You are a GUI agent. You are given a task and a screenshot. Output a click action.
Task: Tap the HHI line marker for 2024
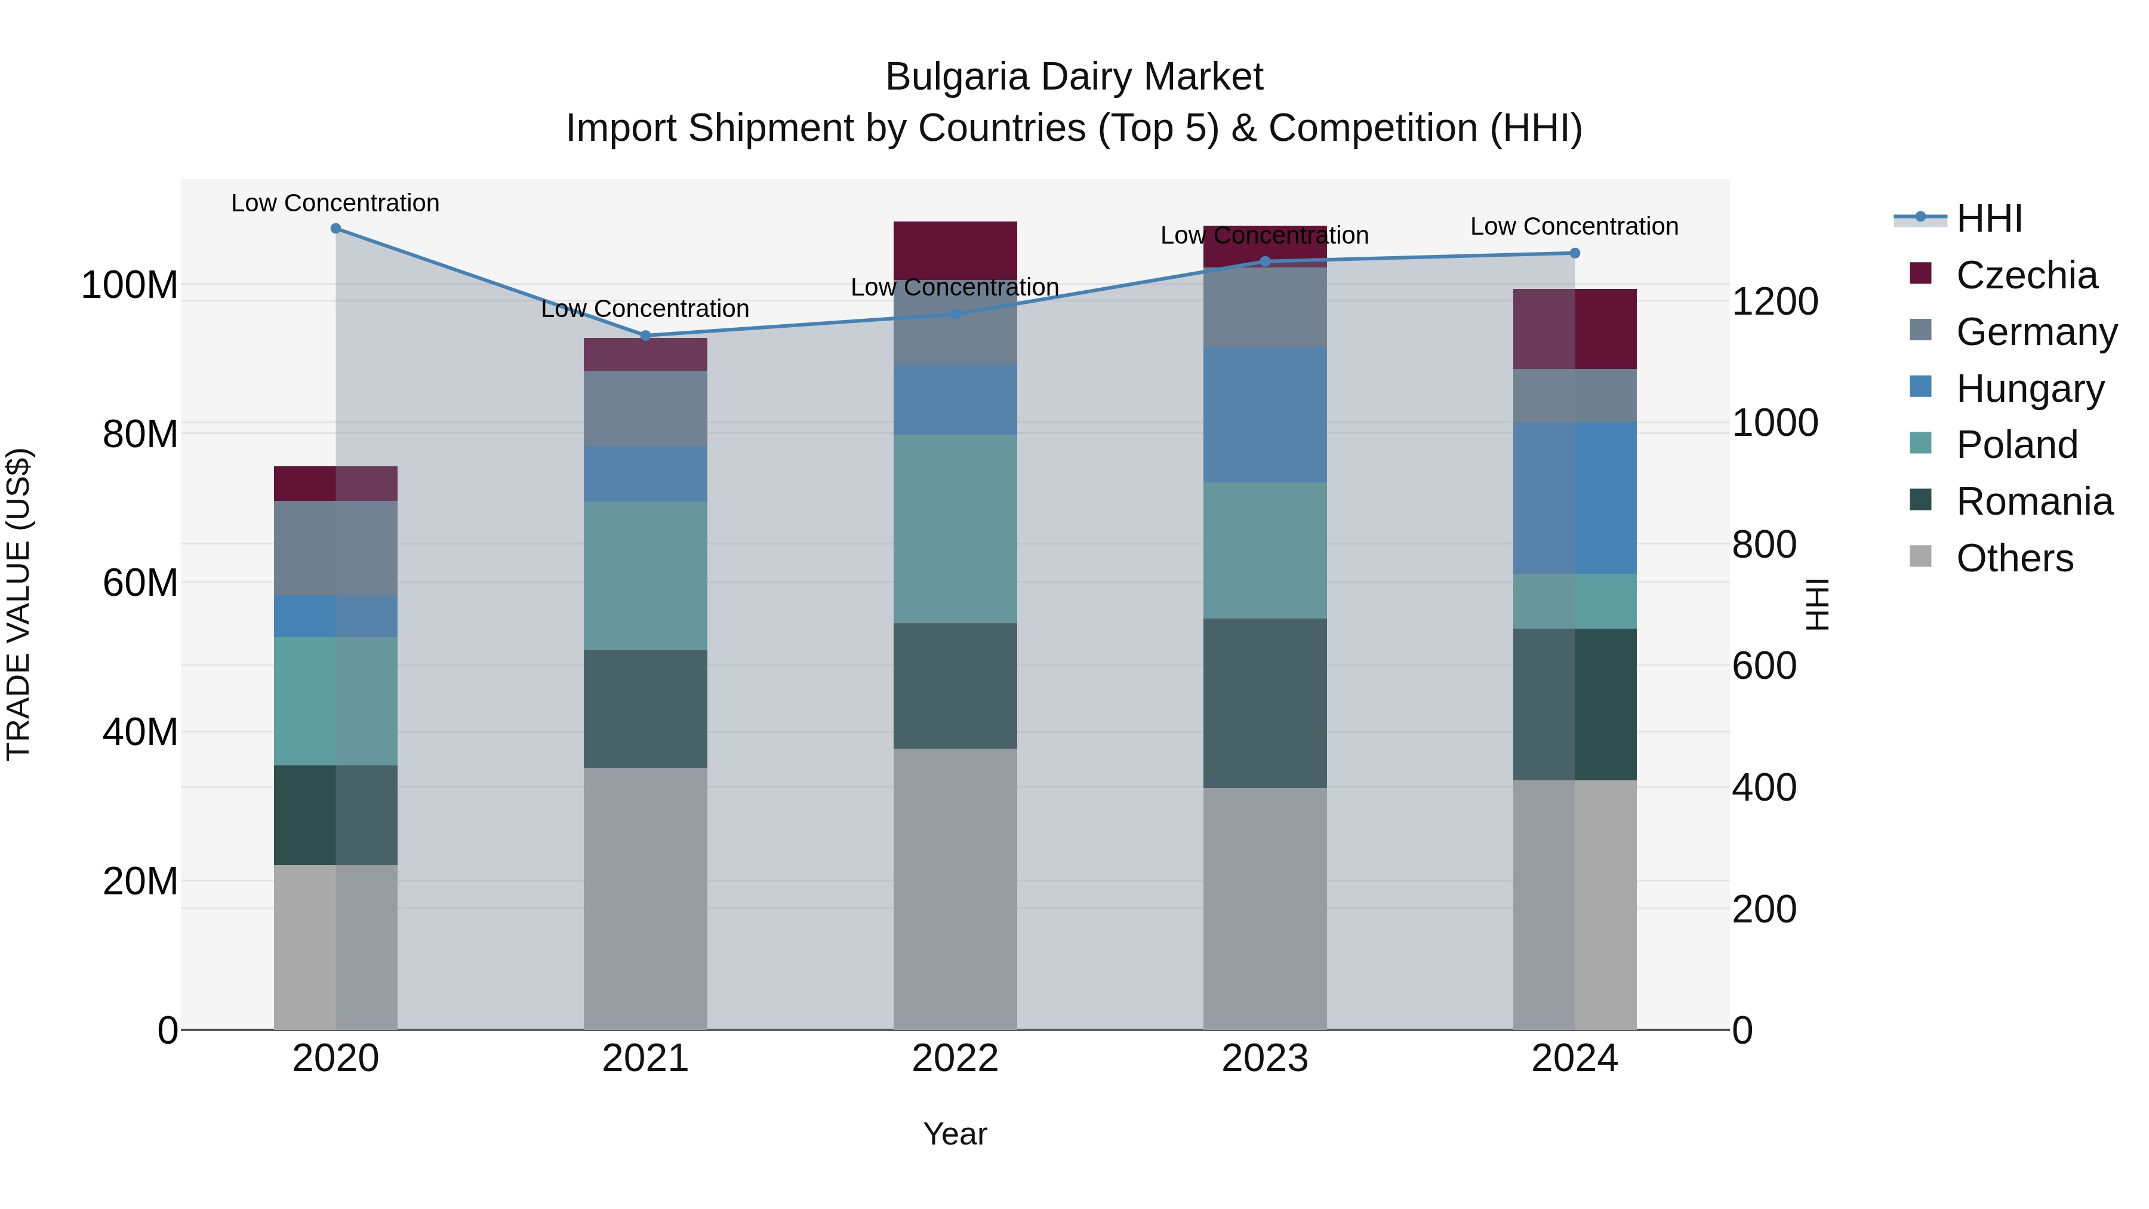click(x=1574, y=253)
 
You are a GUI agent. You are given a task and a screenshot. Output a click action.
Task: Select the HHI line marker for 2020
click(x=335, y=228)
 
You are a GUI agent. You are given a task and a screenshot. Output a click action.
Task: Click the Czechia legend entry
click(x=2025, y=275)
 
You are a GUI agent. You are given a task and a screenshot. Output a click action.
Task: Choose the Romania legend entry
click(x=2033, y=502)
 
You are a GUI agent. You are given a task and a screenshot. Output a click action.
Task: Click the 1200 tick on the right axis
click(x=1775, y=302)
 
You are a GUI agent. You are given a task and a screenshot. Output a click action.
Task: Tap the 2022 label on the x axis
click(x=955, y=1059)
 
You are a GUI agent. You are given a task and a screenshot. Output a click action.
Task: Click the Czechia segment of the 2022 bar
click(x=955, y=250)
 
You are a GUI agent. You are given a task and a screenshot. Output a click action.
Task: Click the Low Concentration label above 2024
click(x=1574, y=226)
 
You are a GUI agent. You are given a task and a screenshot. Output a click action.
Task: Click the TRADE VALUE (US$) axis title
click(x=19, y=604)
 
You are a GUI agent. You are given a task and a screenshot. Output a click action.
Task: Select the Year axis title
click(x=955, y=1134)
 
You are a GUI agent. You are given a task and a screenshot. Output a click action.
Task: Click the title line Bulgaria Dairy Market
click(x=1074, y=77)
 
